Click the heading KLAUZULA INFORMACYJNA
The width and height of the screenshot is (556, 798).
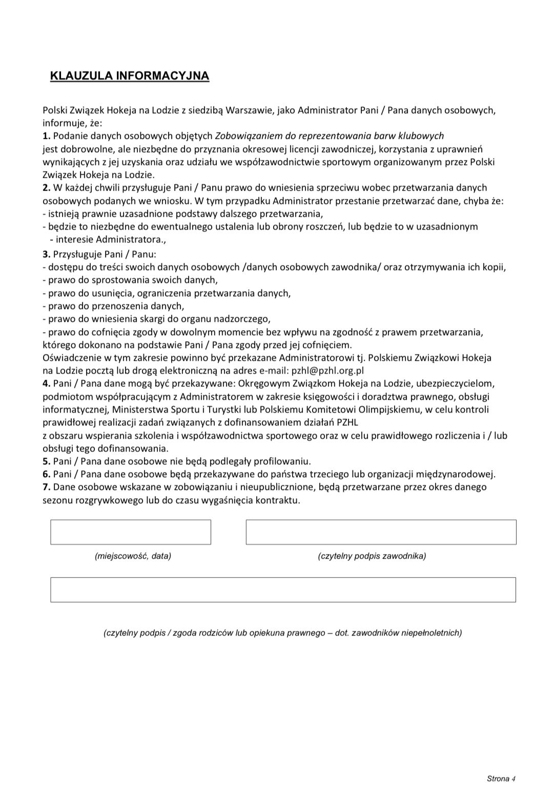(x=130, y=76)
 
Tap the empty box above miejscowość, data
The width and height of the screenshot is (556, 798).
(x=130, y=532)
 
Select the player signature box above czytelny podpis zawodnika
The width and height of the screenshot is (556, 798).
(x=381, y=532)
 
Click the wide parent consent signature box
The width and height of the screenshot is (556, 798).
(x=283, y=590)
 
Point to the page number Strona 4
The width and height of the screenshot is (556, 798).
(x=501, y=779)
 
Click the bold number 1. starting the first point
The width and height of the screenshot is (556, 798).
(x=47, y=136)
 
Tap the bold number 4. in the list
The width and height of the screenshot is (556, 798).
(x=47, y=383)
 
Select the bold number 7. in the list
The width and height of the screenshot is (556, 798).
(x=47, y=487)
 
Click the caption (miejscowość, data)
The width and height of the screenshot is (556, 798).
(x=133, y=556)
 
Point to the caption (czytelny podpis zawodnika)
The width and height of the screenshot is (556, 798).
(x=372, y=556)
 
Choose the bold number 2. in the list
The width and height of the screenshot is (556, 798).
(x=47, y=188)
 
